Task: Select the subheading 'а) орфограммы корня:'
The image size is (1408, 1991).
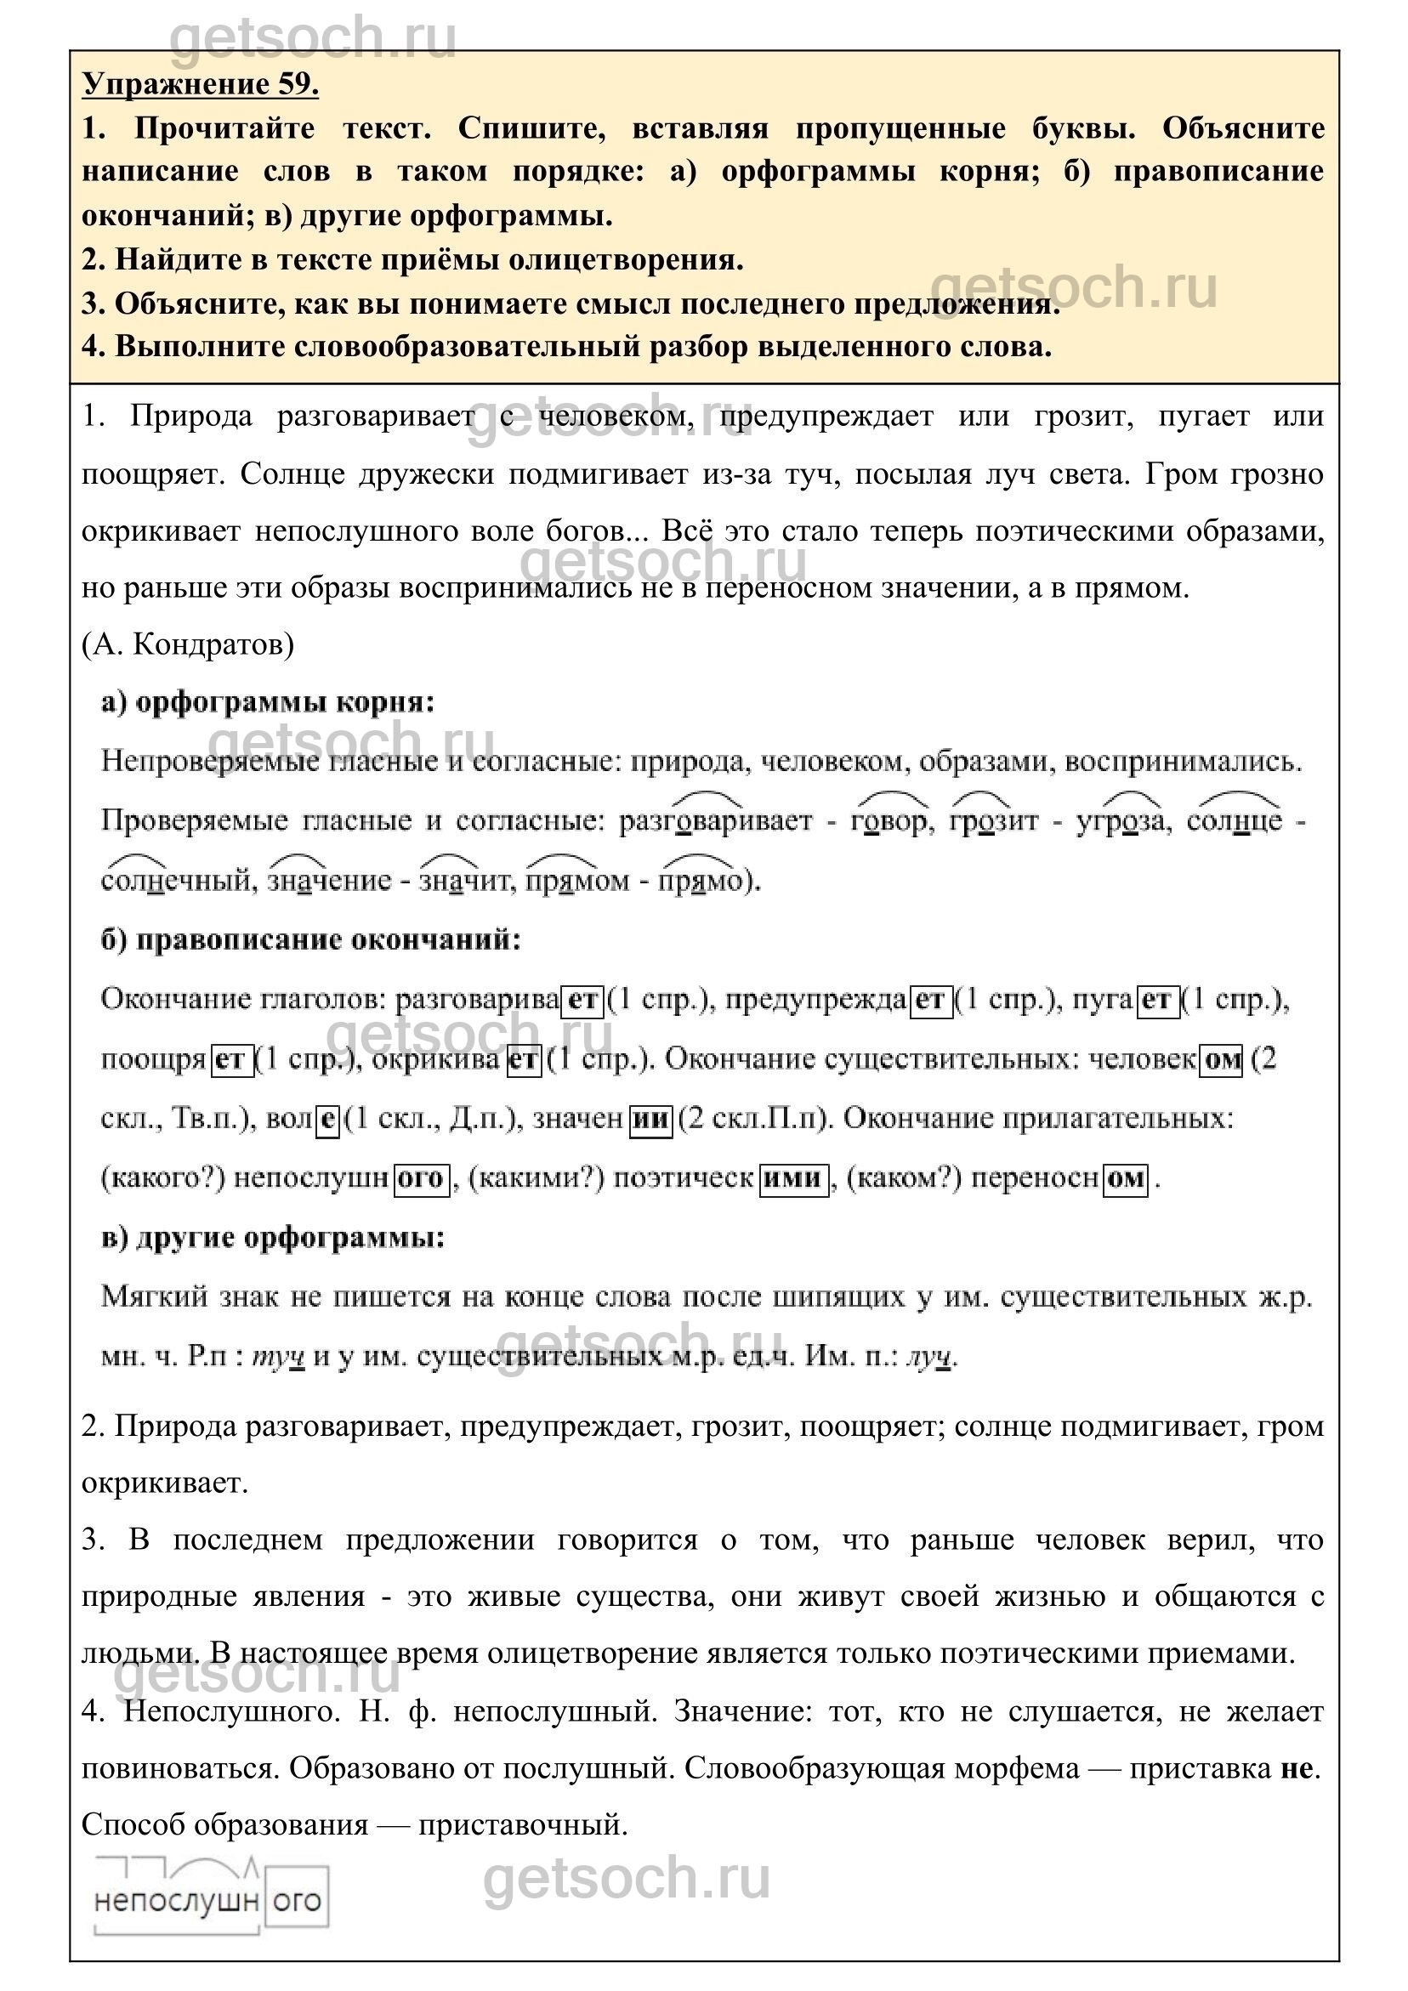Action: pos(267,702)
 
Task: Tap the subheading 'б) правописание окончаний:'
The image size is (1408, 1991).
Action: pos(311,940)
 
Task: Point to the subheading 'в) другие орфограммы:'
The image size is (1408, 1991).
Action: pos(273,1238)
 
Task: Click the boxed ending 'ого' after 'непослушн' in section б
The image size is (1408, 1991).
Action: pos(422,1178)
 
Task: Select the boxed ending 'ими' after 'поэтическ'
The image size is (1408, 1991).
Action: pos(794,1178)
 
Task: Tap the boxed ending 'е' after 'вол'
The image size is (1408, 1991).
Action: pos(326,1120)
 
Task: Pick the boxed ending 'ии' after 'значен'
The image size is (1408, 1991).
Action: pos(650,1120)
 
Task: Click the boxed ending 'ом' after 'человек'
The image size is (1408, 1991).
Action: pos(1222,1059)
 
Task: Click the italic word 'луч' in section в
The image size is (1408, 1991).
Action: pos(929,1356)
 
